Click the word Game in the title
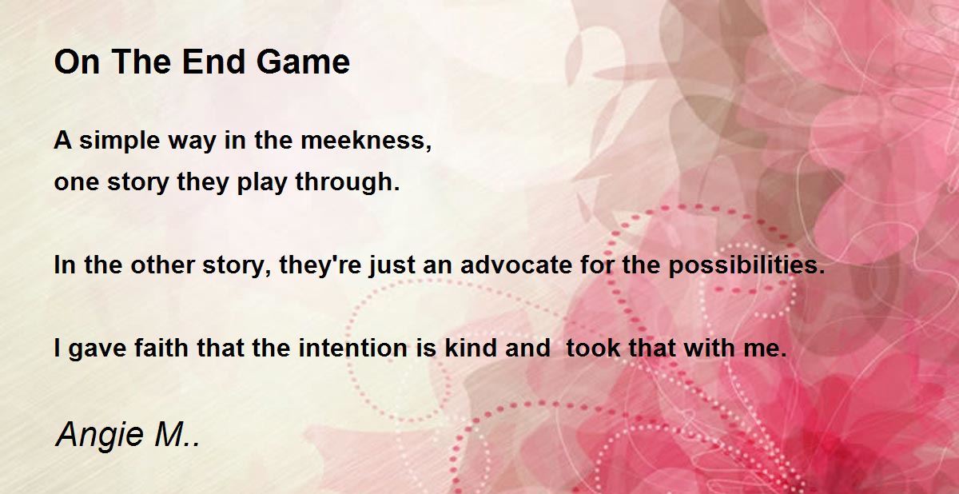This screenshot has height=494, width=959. pyautogui.click(x=303, y=62)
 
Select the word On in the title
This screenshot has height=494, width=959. pyautogui.click(x=77, y=62)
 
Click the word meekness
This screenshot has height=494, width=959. pyautogui.click(x=366, y=141)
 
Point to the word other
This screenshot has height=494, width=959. pyautogui.click(x=163, y=265)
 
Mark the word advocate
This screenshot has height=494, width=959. pyautogui.click(x=516, y=265)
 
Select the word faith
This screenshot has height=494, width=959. pyautogui.click(x=161, y=348)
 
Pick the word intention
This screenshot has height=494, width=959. pyautogui.click(x=352, y=348)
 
